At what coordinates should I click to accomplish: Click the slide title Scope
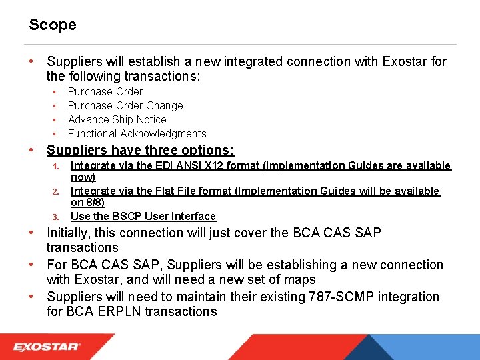point(52,25)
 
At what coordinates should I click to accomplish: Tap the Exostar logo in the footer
point(47,347)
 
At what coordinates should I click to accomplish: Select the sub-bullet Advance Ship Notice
point(117,119)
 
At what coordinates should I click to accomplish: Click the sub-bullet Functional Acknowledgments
point(137,133)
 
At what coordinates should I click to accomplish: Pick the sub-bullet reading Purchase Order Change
point(125,105)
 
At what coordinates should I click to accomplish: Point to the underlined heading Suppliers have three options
point(140,151)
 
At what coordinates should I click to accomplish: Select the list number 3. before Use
point(57,217)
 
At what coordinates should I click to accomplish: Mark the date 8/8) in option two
point(96,203)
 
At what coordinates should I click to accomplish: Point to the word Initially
point(69,233)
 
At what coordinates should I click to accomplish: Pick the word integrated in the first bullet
point(252,61)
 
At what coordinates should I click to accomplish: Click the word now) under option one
point(83,177)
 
